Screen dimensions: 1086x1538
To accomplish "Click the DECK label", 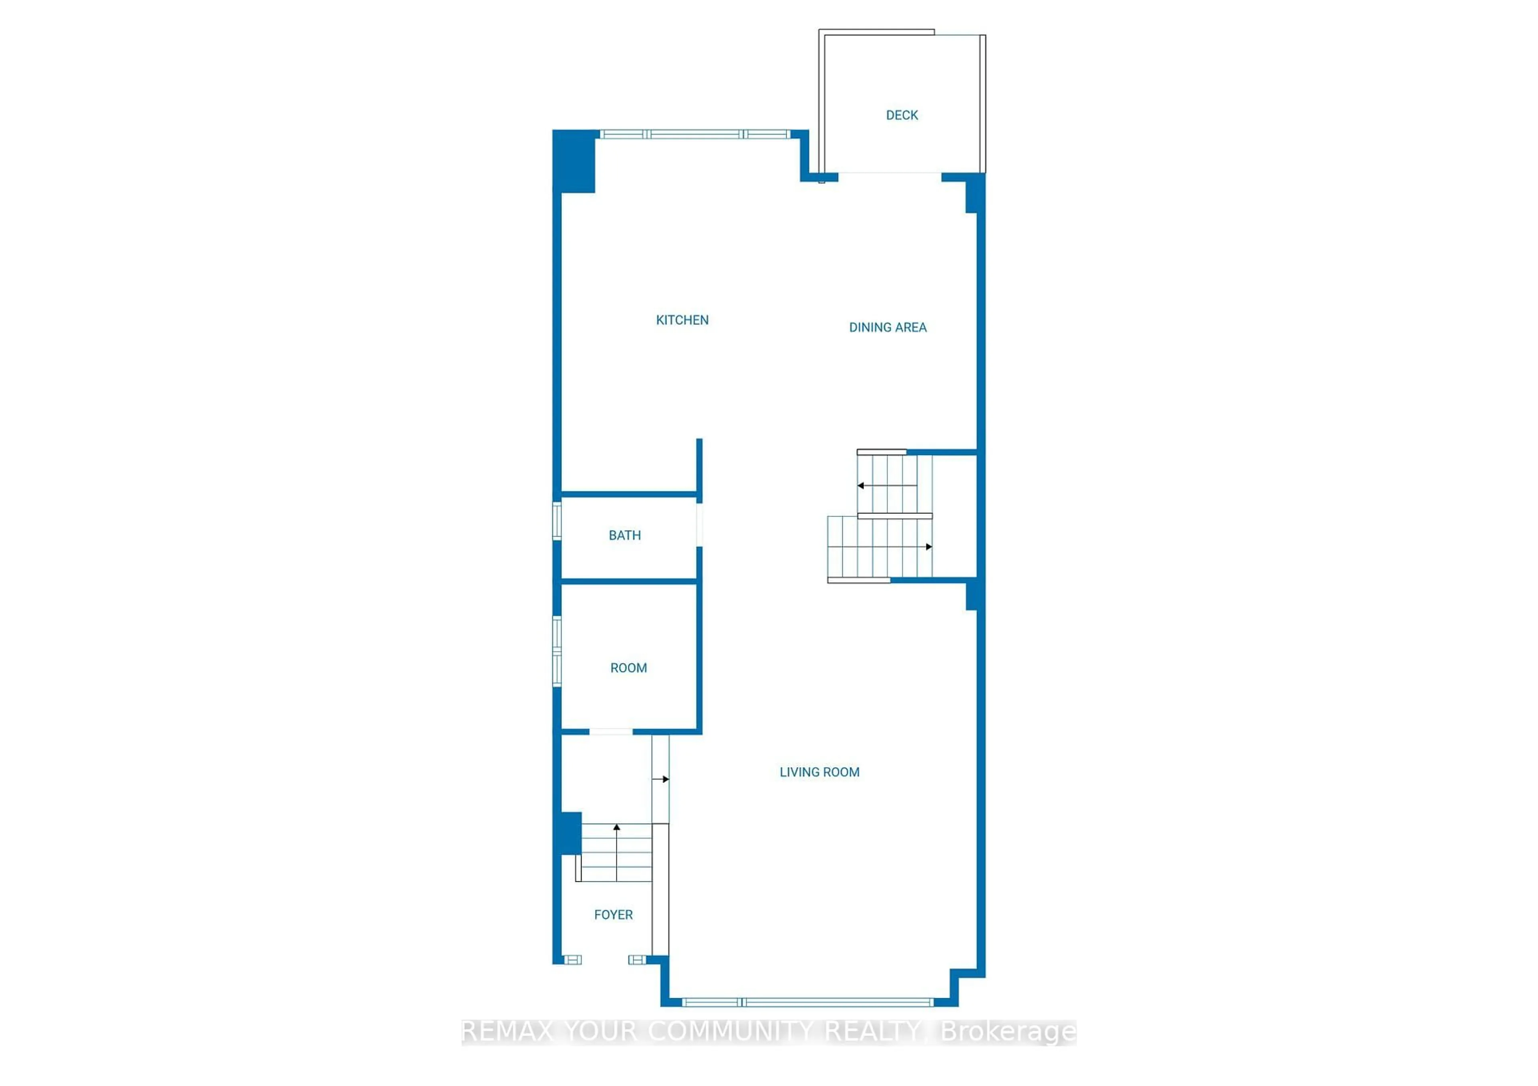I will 902,115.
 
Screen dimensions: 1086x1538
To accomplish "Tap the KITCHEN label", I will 682,320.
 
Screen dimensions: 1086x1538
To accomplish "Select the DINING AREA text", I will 888,328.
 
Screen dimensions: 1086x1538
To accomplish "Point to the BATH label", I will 624,536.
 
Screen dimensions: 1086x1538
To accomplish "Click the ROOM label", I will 628,668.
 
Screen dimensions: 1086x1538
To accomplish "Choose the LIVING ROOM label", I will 819,772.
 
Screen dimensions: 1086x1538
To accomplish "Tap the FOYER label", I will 613,915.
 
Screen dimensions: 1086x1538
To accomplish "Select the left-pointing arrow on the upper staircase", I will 861,485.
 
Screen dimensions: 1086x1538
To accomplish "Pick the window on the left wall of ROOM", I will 557,651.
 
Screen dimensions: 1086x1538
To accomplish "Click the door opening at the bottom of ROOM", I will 611,732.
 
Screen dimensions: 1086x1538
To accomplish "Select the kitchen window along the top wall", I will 695,135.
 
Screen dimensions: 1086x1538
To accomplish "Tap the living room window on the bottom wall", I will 807,1002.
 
